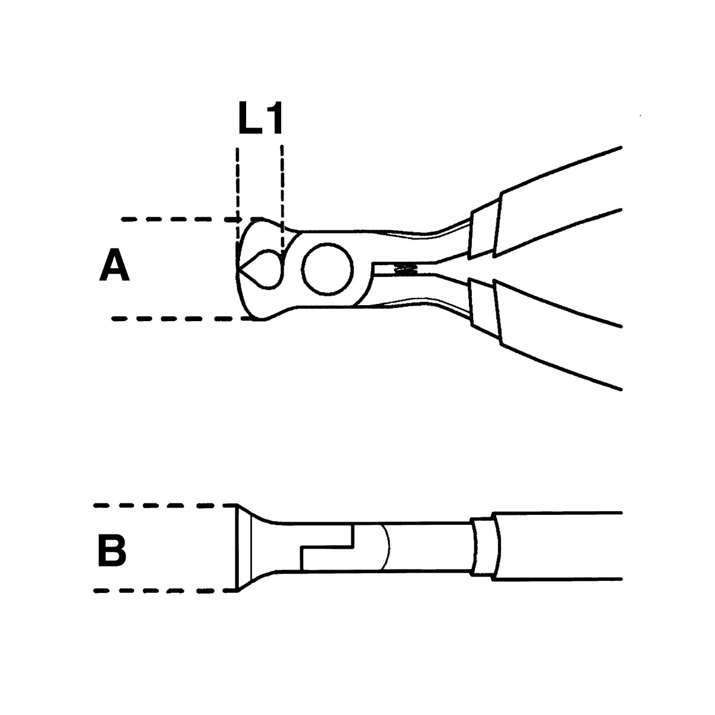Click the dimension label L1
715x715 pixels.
(260, 117)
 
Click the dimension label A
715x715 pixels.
(114, 265)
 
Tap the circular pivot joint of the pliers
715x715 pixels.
(328, 269)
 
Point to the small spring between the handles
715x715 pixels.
(405, 269)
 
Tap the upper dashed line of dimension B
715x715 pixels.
(165, 505)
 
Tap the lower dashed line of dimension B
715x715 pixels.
(165, 590)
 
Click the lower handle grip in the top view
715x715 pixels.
(558, 334)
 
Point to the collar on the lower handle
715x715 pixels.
(483, 308)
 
